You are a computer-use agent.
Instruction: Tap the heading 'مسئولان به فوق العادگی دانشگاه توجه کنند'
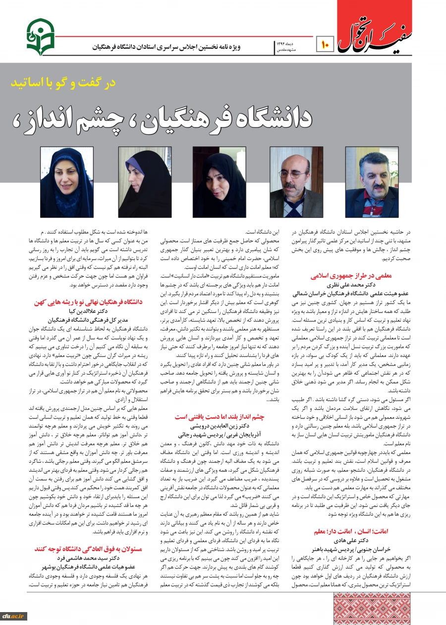pos(89,549)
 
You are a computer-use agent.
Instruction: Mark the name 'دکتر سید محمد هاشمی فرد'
pos(89,558)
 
